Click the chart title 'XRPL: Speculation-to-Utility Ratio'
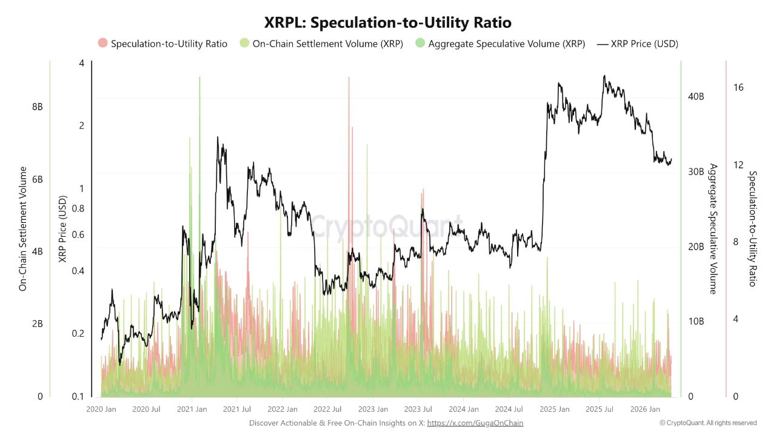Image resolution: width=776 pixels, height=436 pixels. [x=388, y=22]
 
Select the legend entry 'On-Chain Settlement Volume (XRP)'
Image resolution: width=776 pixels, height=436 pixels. [x=327, y=44]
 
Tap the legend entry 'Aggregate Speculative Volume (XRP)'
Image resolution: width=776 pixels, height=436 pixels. [x=506, y=44]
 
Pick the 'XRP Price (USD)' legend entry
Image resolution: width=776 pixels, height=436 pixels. [x=644, y=44]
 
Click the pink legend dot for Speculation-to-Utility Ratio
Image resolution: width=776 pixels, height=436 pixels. [x=102, y=44]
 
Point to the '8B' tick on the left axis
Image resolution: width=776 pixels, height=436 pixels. [x=37, y=107]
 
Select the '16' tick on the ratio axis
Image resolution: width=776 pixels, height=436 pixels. [x=738, y=88]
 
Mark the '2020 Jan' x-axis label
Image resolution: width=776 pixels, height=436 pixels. [x=101, y=409]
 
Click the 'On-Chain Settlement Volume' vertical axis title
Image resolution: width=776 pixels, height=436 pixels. [x=23, y=229]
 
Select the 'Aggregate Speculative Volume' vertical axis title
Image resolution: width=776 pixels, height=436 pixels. [x=714, y=229]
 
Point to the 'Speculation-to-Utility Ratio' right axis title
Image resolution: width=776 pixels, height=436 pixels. [x=752, y=229]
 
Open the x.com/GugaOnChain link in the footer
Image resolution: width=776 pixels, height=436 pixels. [x=475, y=423]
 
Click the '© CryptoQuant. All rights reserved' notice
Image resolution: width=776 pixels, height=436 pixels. [x=708, y=423]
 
